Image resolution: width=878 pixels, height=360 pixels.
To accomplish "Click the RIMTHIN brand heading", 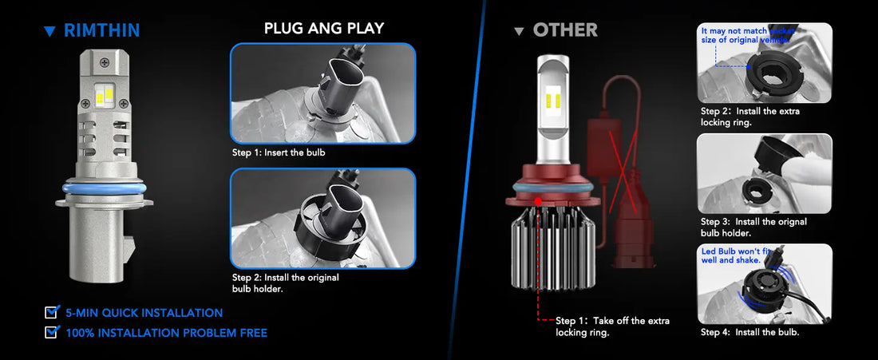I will (101, 30).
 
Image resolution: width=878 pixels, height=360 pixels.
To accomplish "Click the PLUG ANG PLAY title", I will (323, 29).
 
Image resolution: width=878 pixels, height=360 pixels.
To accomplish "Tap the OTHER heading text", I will (565, 30).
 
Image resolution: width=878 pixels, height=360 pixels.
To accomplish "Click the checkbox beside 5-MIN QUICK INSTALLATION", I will (52, 312).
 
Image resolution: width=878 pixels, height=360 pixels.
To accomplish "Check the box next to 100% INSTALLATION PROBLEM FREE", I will (52, 332).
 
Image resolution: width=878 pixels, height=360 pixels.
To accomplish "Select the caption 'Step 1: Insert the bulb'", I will (279, 152).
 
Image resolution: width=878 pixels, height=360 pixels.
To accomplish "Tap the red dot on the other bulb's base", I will (540, 200).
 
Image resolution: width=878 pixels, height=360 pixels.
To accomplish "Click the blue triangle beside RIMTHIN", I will (50, 31).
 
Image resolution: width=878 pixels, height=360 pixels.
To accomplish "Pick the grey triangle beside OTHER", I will (520, 31).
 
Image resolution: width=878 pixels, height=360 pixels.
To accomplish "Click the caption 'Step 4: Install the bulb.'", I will (749, 332).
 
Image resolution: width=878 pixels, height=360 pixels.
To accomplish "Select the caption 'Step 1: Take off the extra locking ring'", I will (612, 326).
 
